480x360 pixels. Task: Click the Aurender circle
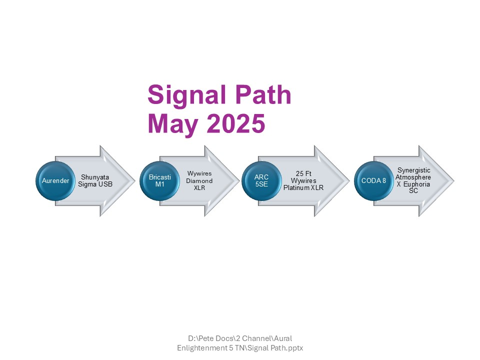click(55, 181)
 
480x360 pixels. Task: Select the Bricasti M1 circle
click(159, 181)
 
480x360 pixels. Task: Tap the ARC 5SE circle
click(261, 181)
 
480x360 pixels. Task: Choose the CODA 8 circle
click(374, 181)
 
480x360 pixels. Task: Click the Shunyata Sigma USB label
click(95, 180)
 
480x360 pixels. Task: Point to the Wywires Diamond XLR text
click(199, 180)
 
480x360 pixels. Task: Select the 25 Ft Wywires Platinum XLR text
click(303, 180)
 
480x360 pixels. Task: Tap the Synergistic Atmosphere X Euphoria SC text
click(413, 180)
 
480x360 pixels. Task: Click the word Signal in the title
click(186, 95)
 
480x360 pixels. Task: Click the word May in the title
click(173, 123)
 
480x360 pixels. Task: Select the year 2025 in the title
click(235, 123)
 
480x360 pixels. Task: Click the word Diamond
click(199, 181)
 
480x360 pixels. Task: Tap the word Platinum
click(296, 187)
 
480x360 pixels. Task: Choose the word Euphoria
click(416, 184)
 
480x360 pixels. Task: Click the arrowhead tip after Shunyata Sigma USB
click(135, 181)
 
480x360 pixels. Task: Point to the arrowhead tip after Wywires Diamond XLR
click(239, 181)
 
